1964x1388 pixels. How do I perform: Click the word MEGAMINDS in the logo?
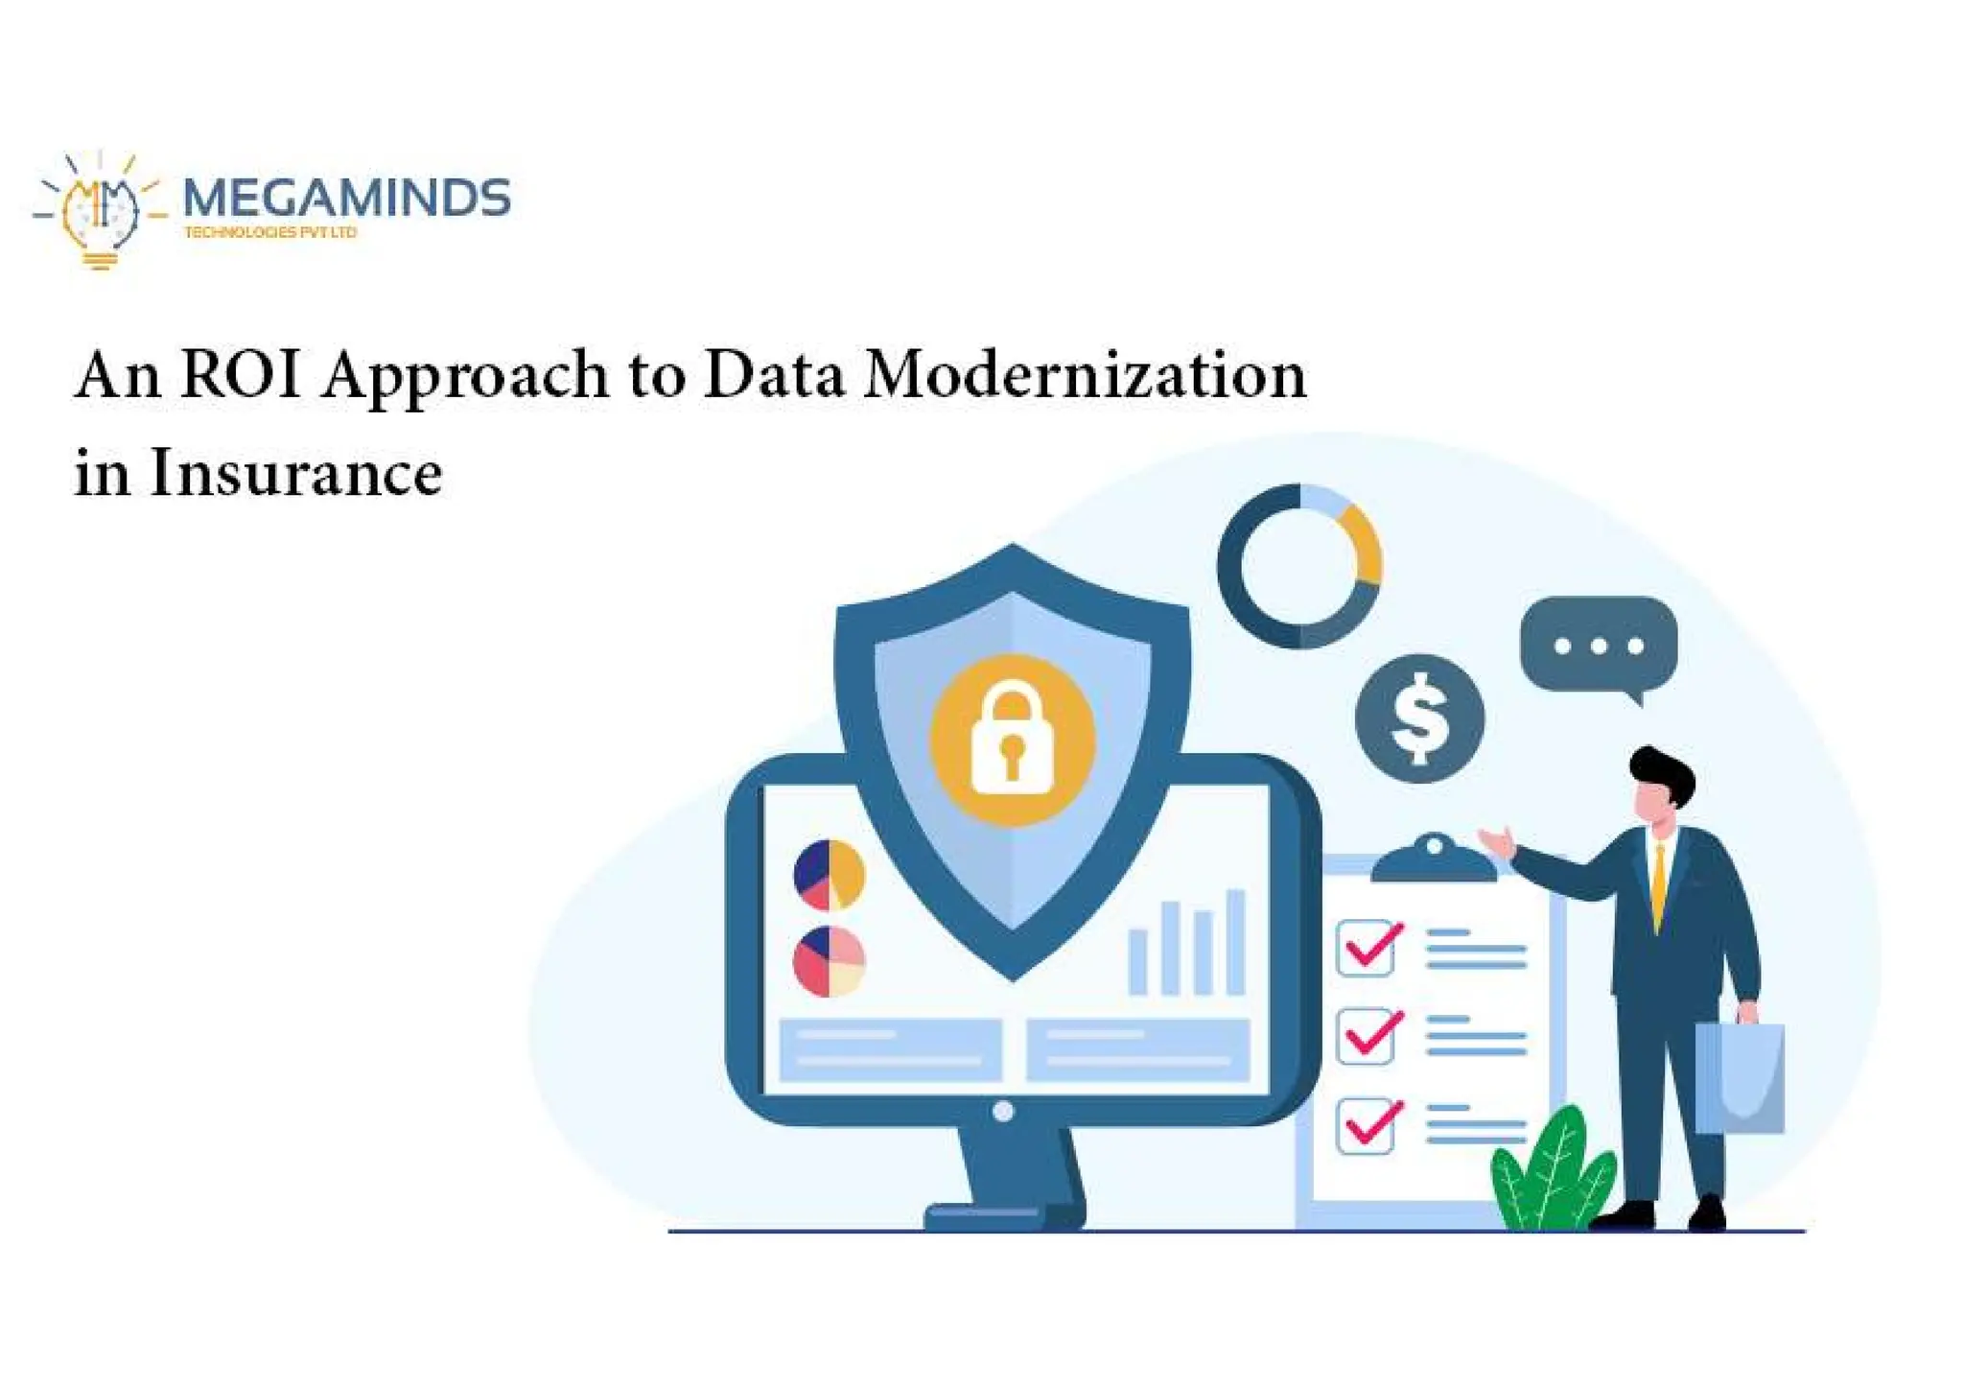click(x=346, y=198)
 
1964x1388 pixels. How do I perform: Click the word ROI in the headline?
click(x=240, y=374)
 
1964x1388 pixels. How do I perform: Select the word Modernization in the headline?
click(x=1085, y=374)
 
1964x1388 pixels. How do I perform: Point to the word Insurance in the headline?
click(x=295, y=473)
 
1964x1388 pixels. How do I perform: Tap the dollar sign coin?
click(x=1419, y=718)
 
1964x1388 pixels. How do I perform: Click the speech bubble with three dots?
click(x=1599, y=645)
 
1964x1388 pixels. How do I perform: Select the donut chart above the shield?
click(x=1299, y=566)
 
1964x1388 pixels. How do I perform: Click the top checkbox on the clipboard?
click(x=1366, y=948)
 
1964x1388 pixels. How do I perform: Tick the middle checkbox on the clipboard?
click(x=1366, y=1036)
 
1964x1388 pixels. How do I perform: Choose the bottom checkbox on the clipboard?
click(x=1366, y=1125)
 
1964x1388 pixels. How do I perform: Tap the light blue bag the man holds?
click(x=1740, y=1078)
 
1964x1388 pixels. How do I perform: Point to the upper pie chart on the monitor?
click(x=830, y=875)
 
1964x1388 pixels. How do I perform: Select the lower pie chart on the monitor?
click(x=830, y=961)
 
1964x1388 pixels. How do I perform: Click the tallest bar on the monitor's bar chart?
click(x=1235, y=942)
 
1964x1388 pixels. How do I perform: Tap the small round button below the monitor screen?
click(x=1003, y=1111)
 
